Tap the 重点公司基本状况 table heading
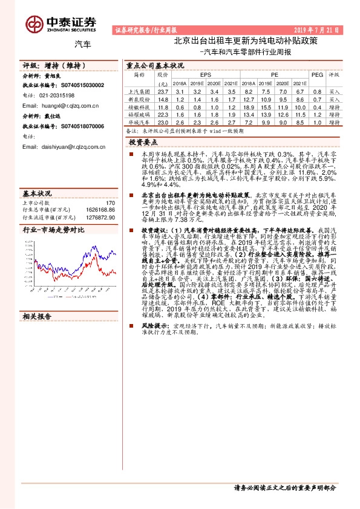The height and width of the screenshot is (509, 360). coord(155,65)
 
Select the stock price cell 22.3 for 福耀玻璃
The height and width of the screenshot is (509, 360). coord(162,114)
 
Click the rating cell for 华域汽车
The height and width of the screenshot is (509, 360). coord(334,122)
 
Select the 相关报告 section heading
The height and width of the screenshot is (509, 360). coord(38,333)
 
